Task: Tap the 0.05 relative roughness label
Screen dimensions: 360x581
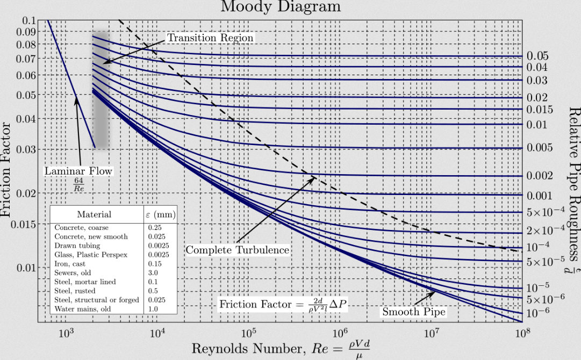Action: point(537,56)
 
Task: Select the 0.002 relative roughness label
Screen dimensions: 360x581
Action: point(539,176)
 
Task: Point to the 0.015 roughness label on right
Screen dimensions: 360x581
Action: point(539,110)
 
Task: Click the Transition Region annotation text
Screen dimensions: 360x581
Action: point(210,38)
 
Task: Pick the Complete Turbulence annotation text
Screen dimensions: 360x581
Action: point(238,250)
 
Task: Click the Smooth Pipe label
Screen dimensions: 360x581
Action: point(414,312)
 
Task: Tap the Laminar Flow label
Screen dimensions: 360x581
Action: point(78,171)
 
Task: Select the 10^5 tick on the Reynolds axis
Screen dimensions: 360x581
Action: point(249,334)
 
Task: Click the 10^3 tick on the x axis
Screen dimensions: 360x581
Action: point(66,334)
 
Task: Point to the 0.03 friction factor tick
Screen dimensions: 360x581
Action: point(25,149)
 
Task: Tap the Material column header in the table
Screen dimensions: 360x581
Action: point(94,214)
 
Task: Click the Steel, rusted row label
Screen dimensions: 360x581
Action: point(75,291)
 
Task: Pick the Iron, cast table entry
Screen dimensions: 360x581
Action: point(70,264)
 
